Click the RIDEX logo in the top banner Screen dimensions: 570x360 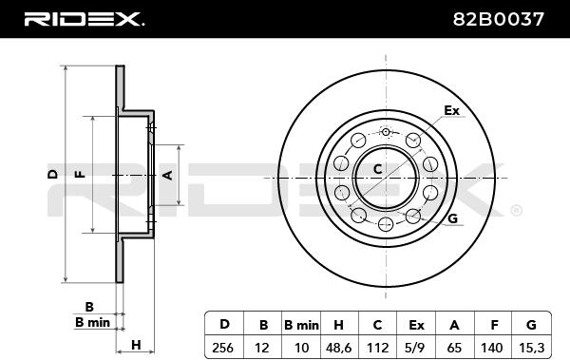click(84, 19)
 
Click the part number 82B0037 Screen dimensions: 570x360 click(499, 19)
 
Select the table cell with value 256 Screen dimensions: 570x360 click(224, 348)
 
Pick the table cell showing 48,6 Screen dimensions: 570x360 click(339, 348)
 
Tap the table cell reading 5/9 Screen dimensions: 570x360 click(415, 348)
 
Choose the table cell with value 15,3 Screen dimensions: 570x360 click(531, 348)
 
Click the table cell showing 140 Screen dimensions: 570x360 click(492, 348)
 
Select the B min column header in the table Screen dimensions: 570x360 click(301, 324)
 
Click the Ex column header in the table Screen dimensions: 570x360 click(415, 324)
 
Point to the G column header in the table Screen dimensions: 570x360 click(531, 324)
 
